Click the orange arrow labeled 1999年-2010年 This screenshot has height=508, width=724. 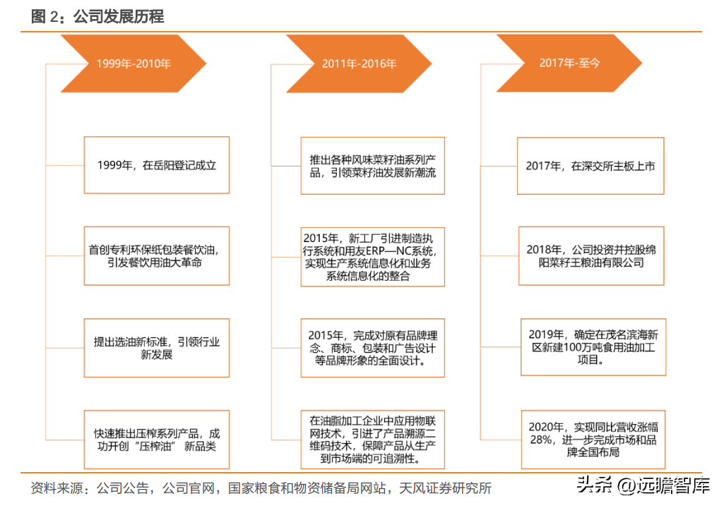pos(133,64)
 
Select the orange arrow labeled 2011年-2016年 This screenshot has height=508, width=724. pos(359,64)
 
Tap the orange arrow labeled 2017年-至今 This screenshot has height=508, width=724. pos(569,64)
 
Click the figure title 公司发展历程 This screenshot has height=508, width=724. pos(119,17)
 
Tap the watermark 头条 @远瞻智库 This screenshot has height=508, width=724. pos(643,485)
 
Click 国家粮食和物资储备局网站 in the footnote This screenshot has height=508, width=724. pos(307,488)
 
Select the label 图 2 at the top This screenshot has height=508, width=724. pos(44,17)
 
